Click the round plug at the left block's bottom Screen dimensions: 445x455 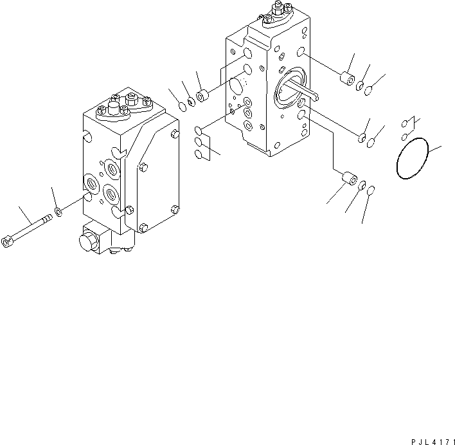point(86,243)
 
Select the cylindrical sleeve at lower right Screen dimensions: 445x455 point(350,179)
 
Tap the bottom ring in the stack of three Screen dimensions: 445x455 point(200,154)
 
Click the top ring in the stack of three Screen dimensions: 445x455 point(199,132)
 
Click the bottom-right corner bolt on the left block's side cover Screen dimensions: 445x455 point(175,208)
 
